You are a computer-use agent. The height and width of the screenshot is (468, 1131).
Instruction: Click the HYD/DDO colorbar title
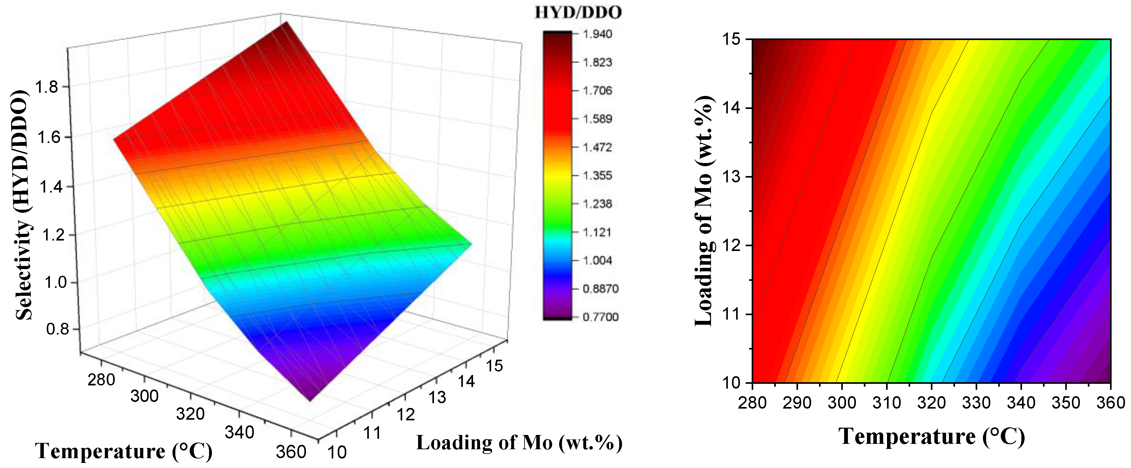578,12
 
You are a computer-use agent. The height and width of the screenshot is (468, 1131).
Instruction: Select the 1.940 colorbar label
597,34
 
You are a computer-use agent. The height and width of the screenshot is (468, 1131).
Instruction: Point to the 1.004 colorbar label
597,260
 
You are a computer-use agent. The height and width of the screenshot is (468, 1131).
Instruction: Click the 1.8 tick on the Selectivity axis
46,87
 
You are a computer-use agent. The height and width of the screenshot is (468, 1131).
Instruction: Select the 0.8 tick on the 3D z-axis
58,329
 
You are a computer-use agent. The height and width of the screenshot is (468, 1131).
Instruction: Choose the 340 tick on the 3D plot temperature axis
239,432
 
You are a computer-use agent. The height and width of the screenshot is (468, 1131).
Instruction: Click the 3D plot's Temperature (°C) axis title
124,451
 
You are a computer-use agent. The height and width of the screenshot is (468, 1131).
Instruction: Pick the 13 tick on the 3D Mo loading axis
437,397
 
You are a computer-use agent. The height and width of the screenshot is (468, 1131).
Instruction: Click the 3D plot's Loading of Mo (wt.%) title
519,443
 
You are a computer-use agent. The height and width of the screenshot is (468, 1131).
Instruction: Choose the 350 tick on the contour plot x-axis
1066,403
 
